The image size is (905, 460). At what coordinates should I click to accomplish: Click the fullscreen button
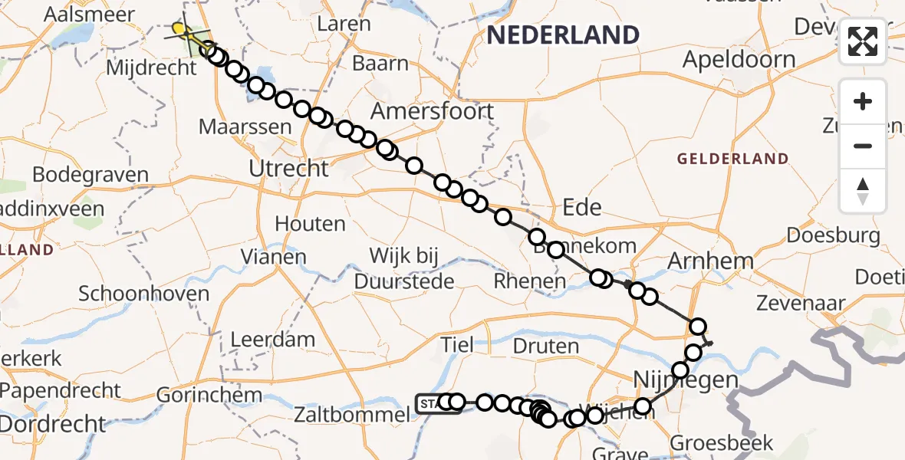tap(863, 41)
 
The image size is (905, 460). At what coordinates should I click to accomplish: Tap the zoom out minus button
tap(863, 146)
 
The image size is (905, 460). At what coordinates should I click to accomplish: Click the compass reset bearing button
tap(863, 191)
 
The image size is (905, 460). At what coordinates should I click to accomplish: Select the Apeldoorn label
tap(739, 59)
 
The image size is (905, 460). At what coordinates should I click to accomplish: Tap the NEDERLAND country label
tap(562, 34)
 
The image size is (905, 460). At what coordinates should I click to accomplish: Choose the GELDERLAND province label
tap(732, 159)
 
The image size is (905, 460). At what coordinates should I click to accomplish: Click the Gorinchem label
tap(199, 396)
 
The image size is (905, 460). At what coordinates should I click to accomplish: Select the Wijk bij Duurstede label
tap(405, 268)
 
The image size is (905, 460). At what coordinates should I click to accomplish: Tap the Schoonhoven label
tap(143, 294)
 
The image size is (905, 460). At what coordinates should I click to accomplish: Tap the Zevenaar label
tap(801, 304)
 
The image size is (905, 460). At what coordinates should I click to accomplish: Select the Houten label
tap(310, 224)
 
